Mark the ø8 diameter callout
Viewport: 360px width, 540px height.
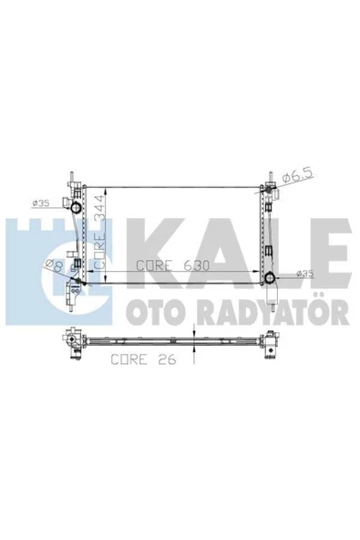pyautogui.click(x=54, y=265)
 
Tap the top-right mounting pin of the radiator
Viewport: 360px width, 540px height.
pyautogui.click(x=270, y=176)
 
